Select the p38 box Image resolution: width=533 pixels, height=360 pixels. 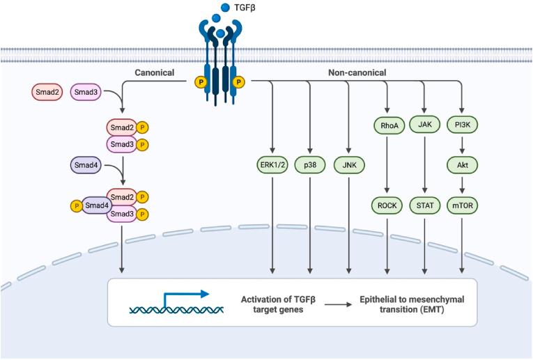pos(310,165)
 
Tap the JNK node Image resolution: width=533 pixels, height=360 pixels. pos(348,165)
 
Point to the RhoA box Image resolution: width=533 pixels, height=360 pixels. pos(387,125)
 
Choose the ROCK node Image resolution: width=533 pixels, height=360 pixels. pos(387,205)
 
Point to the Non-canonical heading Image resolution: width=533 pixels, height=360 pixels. pos(357,72)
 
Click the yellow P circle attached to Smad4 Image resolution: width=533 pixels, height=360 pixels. pos(75,205)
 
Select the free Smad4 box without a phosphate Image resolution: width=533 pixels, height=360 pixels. pos(85,166)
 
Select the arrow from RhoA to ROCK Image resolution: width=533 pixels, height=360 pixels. pos(387,165)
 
